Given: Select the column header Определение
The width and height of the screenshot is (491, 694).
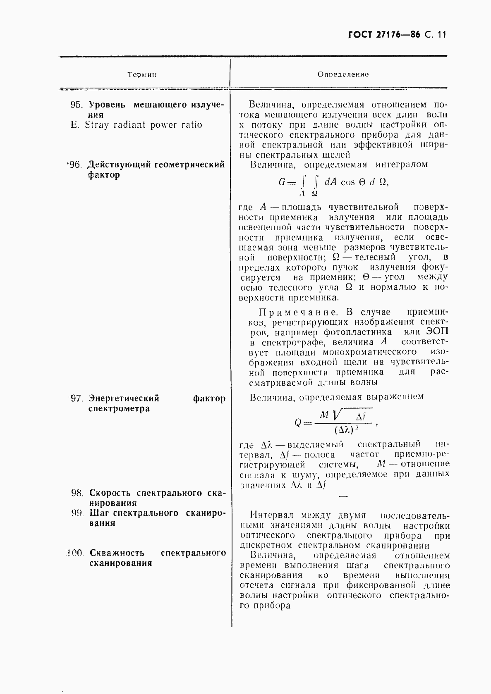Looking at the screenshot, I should click(x=343, y=74).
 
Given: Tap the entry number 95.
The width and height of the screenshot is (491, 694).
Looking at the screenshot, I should click(x=77, y=105).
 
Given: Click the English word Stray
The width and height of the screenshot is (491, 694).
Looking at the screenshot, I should click(x=97, y=125).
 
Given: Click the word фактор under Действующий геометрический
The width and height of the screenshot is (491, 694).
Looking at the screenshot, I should click(x=104, y=174).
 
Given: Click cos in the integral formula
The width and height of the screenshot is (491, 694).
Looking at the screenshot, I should click(x=347, y=182).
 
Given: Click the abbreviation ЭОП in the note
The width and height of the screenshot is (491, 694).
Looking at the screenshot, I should click(x=437, y=332).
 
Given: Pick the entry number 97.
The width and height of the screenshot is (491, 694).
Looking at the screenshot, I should click(x=77, y=399).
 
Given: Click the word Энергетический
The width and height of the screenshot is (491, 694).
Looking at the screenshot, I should click(x=124, y=399).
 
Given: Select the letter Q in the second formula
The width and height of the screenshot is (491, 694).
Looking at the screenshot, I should click(x=298, y=422).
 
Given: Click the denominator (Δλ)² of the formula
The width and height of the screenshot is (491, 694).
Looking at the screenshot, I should click(x=346, y=429).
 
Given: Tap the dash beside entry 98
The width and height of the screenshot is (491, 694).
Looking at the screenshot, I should click(x=343, y=496).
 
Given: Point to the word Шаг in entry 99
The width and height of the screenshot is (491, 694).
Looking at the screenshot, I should click(x=99, y=513).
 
